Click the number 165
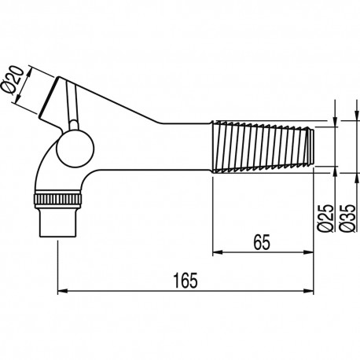tap(187, 278)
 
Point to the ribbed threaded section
tap(263, 145)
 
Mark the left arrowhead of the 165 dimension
tap(63, 291)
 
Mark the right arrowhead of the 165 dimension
tap(312, 291)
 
